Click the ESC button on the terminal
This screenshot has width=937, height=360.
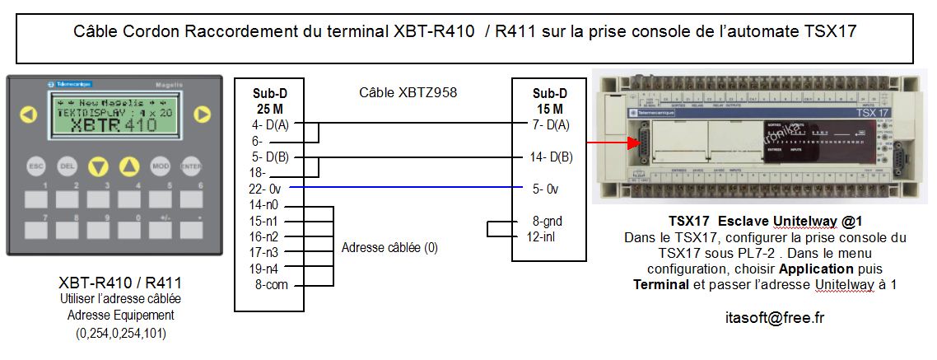(35, 166)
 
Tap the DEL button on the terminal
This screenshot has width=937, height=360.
(67, 166)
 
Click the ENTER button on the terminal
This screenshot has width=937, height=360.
(191, 166)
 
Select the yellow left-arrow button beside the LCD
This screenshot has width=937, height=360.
(29, 114)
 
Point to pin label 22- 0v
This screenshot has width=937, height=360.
(265, 189)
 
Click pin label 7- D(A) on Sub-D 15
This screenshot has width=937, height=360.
(551, 124)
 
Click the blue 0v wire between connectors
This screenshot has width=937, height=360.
(403, 189)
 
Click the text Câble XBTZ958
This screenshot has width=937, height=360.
(408, 93)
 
